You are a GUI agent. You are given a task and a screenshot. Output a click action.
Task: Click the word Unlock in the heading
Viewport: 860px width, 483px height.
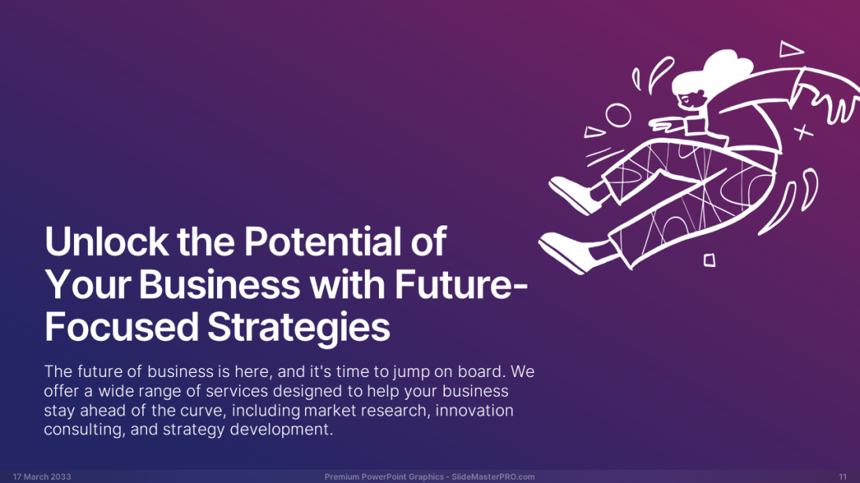[x=106, y=241]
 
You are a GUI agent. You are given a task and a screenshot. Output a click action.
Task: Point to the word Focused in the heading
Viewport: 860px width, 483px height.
[x=121, y=327]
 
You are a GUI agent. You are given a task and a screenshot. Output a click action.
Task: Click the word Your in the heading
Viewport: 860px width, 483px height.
[x=88, y=284]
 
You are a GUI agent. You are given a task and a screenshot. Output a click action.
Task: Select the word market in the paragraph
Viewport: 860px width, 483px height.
[x=335, y=410]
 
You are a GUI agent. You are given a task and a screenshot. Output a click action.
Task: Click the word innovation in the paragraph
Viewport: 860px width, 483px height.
[x=475, y=410]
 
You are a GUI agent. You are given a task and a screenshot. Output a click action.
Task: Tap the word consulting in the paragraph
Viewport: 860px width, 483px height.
[x=83, y=430]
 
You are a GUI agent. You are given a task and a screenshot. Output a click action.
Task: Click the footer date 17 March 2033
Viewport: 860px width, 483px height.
[x=42, y=477]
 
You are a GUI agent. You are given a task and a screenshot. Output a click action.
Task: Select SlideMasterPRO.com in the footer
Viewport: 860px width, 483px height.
[x=493, y=477]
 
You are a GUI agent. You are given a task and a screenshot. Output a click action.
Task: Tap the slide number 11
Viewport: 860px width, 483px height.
[x=843, y=477]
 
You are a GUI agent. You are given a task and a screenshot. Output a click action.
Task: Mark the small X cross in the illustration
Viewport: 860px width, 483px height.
[x=803, y=132]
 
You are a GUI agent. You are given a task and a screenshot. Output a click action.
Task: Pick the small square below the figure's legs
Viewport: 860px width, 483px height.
[x=709, y=260]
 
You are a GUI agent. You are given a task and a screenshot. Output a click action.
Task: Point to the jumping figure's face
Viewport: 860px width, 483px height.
[x=690, y=99]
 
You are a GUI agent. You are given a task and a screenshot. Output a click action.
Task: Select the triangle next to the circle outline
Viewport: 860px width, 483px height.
[x=594, y=132]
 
